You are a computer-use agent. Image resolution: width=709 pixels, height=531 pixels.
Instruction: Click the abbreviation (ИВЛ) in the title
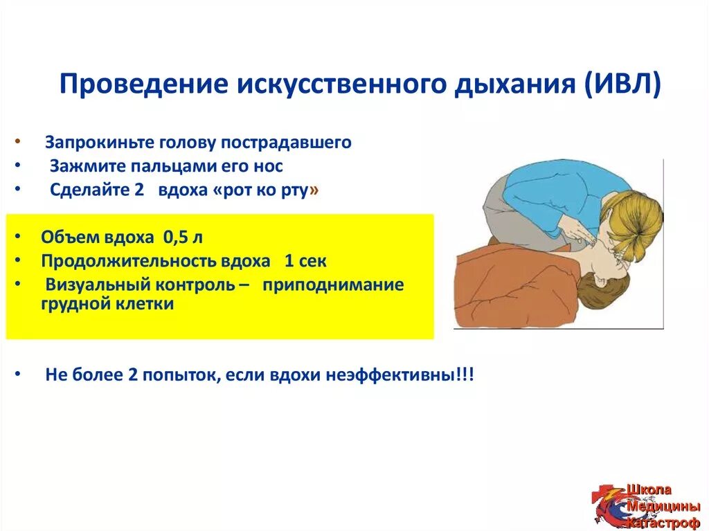622,84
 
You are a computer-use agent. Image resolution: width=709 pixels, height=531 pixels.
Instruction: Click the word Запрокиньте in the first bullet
100,143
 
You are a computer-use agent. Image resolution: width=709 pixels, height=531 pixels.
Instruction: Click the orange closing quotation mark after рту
314,190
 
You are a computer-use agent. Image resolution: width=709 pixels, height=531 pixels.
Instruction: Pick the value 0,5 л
183,237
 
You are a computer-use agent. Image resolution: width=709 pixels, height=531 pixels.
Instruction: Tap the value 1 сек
305,261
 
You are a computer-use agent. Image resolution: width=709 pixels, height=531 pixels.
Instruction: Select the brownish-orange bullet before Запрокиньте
17,141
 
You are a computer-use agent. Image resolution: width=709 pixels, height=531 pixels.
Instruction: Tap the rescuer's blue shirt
565,195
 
